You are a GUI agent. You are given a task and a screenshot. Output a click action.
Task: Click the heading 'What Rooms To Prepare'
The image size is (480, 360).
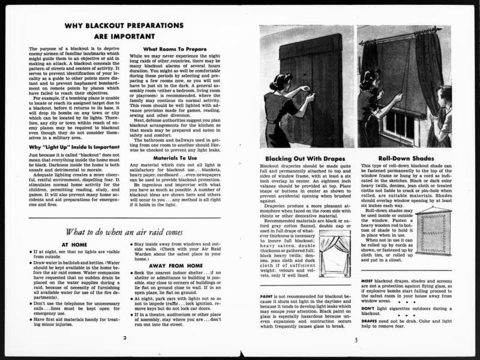coord(175,49)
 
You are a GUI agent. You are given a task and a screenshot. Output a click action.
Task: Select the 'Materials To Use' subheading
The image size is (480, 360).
coord(175,158)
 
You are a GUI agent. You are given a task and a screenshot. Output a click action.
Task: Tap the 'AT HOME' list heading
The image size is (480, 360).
coord(74,245)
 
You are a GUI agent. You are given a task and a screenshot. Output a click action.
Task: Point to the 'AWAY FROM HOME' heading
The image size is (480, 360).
coord(175,281)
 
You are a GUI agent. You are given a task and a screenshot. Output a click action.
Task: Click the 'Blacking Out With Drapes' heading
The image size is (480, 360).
coord(305,158)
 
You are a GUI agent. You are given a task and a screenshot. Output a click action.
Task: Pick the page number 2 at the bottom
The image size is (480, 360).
coord(124,338)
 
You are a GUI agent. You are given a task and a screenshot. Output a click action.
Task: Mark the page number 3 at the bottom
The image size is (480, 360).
coord(355,340)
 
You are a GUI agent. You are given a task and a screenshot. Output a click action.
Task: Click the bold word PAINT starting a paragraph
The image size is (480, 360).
coord(267,296)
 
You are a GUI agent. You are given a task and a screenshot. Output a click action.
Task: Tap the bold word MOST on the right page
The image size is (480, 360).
coord(367,281)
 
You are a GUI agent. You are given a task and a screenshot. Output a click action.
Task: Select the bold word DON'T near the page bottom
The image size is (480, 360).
coord(368,307)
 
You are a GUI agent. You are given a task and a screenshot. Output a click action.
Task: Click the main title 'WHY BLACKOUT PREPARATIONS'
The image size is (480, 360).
coord(124,26)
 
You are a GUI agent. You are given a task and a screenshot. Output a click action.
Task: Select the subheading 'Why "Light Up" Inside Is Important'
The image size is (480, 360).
coord(70,146)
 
